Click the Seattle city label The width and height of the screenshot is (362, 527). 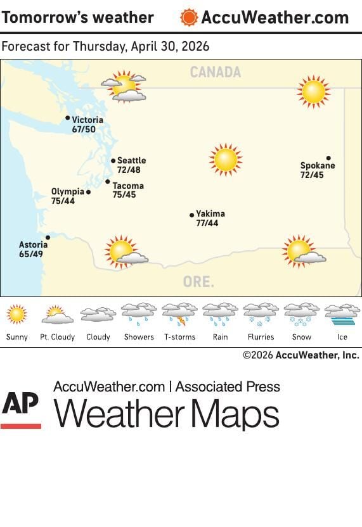pos(131,161)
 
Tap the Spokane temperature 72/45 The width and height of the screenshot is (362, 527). pos(312,175)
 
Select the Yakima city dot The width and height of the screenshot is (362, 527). pos(192,215)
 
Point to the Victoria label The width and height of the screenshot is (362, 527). pos(87,120)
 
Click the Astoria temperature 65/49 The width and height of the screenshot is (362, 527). pos(31,254)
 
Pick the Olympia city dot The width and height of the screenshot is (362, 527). pos(88,192)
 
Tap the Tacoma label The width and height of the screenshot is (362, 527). pos(128,186)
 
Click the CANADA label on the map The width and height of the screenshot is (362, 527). pos(216,73)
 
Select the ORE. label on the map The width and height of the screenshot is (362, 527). pos(198,282)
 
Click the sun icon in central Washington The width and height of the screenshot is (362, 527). pos(226,160)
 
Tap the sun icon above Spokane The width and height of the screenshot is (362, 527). pos(313,92)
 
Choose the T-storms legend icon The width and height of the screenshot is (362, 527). pos(179,314)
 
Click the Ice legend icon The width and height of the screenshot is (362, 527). pos(342,314)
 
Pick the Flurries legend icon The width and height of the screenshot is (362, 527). pos(261,314)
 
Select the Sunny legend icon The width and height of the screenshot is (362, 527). pos(17,314)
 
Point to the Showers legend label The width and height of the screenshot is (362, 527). pos(139,337)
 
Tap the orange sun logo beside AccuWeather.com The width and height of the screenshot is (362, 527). pos(189,17)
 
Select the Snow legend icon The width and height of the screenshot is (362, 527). pos(301,314)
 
